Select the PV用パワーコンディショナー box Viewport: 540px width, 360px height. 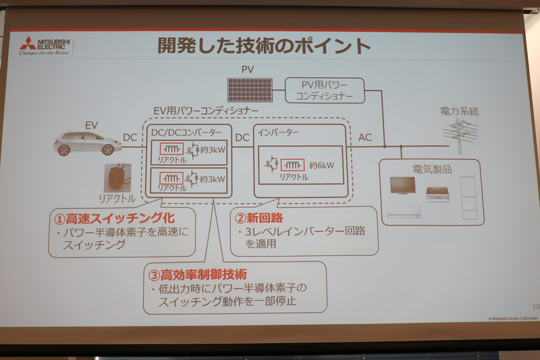(324, 90)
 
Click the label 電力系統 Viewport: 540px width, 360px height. (459, 111)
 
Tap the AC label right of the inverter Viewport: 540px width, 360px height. (365, 138)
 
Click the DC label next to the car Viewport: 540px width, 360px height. (130, 137)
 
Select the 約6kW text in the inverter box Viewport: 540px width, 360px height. (321, 164)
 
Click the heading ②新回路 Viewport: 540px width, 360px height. (259, 217)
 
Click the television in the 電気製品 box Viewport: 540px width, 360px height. (404, 186)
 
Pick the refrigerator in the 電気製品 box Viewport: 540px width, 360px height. (468, 197)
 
